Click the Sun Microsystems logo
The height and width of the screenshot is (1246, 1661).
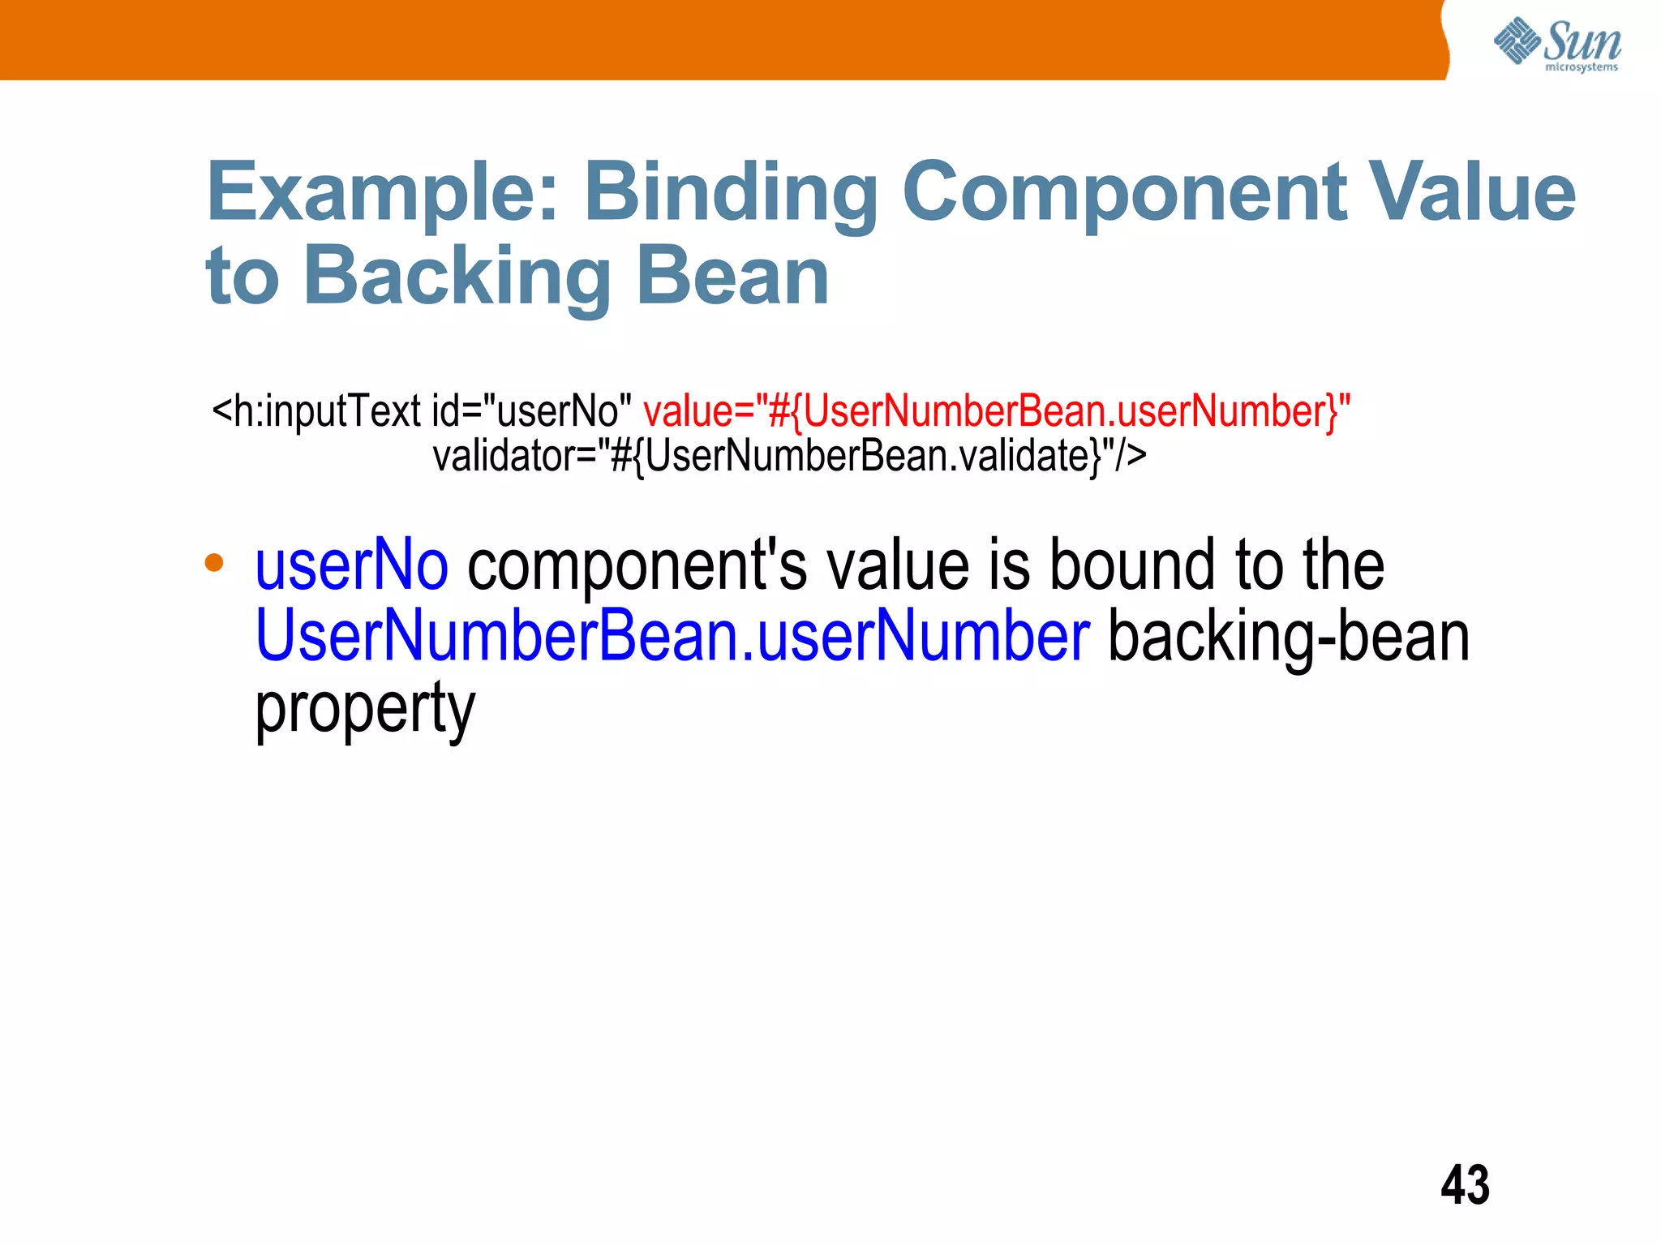pos(1557,44)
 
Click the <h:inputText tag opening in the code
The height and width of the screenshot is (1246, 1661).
pos(316,411)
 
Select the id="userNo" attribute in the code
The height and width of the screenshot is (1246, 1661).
pos(531,410)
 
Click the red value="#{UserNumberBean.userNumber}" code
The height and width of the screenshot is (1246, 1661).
pos(997,410)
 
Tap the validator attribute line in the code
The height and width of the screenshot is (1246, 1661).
pos(789,456)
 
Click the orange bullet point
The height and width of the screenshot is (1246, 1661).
pos(214,562)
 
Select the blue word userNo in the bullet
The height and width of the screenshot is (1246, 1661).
pos(351,565)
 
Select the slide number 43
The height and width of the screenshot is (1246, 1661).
pos(1465,1185)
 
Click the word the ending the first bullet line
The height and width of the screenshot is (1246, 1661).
pos(1343,565)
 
